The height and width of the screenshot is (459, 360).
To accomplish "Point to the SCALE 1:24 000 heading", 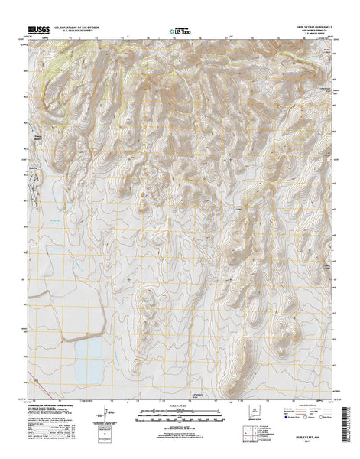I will [180, 405].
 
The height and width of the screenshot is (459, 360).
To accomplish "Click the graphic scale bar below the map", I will [180, 415].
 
